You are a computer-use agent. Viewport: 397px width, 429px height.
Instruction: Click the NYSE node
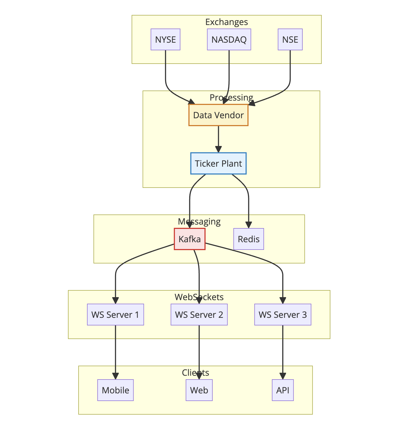[165, 40]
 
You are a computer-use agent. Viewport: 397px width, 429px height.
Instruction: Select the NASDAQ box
[229, 40]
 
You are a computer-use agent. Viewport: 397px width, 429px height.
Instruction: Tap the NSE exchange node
[290, 40]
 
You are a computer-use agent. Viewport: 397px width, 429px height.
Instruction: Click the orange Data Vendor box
[218, 115]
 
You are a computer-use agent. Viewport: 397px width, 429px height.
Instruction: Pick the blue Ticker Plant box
[218, 164]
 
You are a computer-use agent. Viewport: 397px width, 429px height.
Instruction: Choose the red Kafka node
[190, 239]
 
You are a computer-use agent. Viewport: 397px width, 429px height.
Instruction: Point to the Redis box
[249, 239]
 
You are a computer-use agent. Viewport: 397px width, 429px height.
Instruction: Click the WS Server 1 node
[115, 315]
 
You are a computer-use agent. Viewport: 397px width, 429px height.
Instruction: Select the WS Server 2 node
[199, 315]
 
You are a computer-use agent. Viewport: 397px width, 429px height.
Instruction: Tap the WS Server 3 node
[283, 315]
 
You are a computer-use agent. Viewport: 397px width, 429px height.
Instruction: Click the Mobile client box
[115, 390]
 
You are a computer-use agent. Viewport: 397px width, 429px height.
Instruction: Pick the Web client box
[199, 390]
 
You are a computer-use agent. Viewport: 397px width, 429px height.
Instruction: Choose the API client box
[283, 390]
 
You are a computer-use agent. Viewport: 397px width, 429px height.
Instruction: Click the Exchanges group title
[227, 22]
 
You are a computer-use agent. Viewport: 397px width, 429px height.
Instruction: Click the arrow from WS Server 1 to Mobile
[115, 351]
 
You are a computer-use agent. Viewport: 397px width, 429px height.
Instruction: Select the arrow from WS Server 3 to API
[283, 351]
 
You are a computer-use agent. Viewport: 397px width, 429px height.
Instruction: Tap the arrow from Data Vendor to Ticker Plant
[218, 137]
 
